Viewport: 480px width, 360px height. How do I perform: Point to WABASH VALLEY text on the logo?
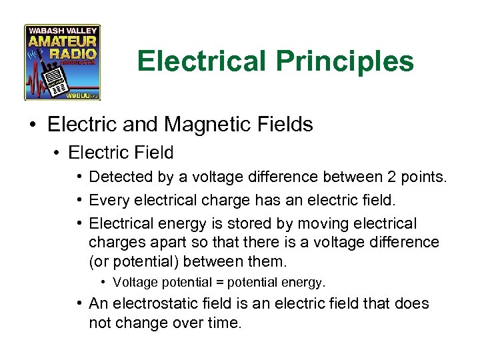pos(62,31)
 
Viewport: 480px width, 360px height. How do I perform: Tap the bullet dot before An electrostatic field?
pos(79,304)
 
